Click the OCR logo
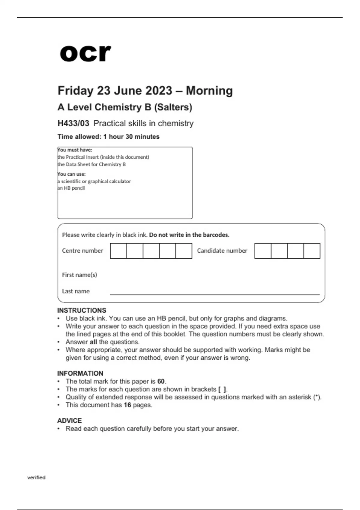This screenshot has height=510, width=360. [x=85, y=53]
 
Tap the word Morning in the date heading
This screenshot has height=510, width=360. [x=209, y=91]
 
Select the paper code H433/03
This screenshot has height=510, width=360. [x=73, y=123]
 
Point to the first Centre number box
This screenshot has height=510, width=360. [x=118, y=251]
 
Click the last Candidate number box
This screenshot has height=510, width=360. [x=312, y=251]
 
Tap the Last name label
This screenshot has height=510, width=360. [x=76, y=291]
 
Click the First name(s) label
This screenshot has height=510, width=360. [x=79, y=275]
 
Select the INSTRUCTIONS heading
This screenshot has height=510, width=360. [x=82, y=310]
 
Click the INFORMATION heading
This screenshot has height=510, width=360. [x=80, y=373]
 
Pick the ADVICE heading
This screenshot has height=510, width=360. [x=69, y=421]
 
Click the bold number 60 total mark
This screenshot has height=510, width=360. [x=161, y=381]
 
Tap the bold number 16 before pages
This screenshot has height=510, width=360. [x=127, y=405]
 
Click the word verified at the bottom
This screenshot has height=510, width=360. [x=36, y=478]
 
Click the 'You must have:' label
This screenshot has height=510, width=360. [x=75, y=150]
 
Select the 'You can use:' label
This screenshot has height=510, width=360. [x=72, y=174]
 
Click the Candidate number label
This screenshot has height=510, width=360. [x=222, y=251]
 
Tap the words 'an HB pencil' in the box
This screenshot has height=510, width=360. [x=71, y=188]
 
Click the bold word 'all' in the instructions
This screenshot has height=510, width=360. [x=93, y=342]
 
